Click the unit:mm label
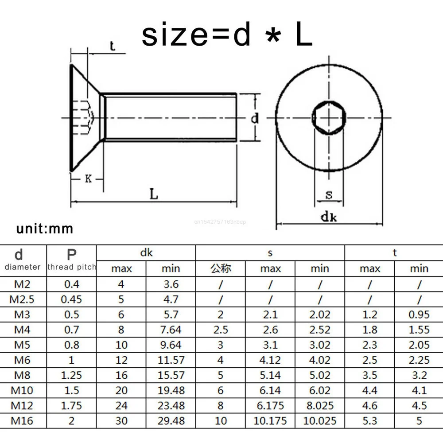pos(45,229)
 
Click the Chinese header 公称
pos(221,268)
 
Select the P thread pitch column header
pos(71,260)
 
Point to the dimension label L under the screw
pos(154,194)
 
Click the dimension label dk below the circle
pos(329,217)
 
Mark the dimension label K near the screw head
pos(88,179)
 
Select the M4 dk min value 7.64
pos(171,330)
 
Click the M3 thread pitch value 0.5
pos(71,315)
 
